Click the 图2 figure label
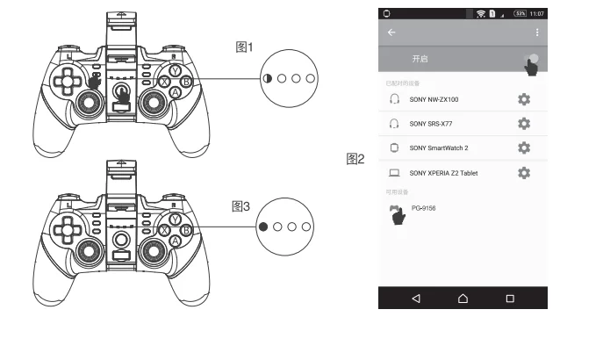click(356, 159)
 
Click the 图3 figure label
click(240, 206)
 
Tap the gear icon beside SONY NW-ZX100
click(525, 99)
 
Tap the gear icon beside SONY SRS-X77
click(525, 124)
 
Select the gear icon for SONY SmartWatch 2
click(525, 148)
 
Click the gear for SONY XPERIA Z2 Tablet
click(525, 173)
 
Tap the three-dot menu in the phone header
click(537, 32)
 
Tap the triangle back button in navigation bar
click(416, 298)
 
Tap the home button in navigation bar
click(463, 298)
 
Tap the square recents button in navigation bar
click(510, 298)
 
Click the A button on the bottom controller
click(175, 241)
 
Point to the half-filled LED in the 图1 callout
click(268, 78)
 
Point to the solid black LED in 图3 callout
click(264, 227)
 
